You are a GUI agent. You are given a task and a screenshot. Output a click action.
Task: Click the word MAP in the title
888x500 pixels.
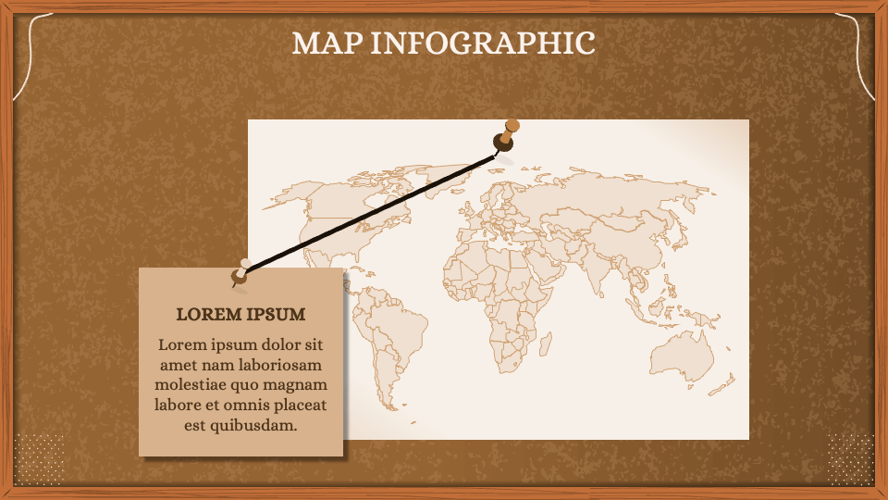pos(326,43)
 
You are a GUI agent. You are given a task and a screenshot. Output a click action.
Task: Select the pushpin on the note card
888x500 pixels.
pos(241,270)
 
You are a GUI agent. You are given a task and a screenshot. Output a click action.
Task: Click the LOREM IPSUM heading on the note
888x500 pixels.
pos(240,314)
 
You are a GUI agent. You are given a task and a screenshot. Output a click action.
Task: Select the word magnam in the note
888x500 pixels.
pos(297,385)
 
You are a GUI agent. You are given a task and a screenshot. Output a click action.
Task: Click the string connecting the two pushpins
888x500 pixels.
pos(370,208)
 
